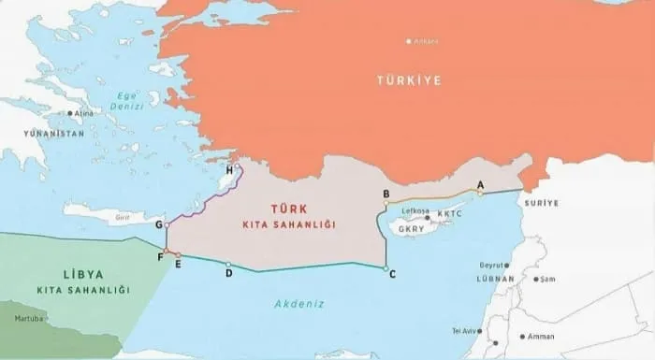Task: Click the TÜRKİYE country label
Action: coord(408,80)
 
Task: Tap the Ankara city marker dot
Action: coord(408,41)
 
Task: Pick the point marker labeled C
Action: coord(386,268)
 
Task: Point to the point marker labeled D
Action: coord(228,264)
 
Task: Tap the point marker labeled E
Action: coord(178,254)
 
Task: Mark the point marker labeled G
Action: coord(167,225)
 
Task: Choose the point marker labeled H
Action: coord(238,167)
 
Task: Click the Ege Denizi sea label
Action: coord(124,99)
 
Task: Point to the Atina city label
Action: coord(84,114)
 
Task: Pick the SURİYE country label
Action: coord(542,203)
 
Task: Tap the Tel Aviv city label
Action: coord(465,331)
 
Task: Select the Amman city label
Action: coord(542,336)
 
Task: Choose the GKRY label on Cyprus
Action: coord(412,228)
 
